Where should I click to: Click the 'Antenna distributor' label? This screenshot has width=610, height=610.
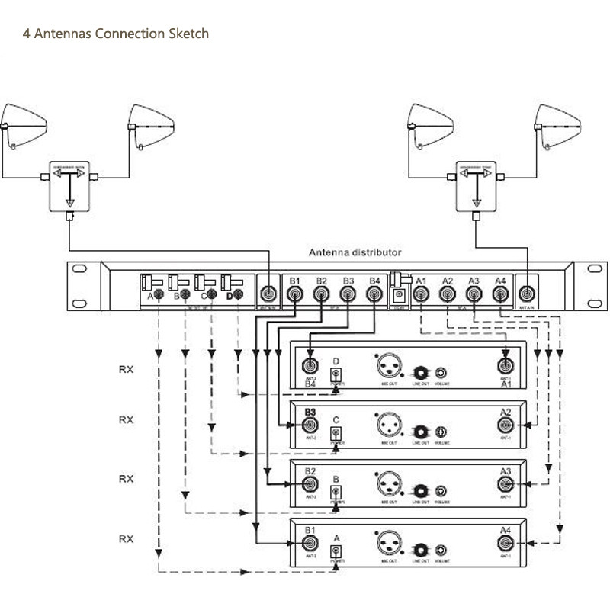coord(355,252)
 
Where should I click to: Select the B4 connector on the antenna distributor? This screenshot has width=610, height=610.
coord(374,294)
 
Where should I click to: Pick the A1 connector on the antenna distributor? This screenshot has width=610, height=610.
coord(420,294)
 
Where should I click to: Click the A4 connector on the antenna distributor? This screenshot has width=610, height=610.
coord(499,294)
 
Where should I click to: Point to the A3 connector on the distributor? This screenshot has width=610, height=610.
coord(473,294)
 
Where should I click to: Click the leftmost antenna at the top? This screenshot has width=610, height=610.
coord(23,124)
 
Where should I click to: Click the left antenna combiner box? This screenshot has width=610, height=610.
coord(69,185)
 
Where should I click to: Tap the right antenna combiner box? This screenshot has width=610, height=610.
coord(476,185)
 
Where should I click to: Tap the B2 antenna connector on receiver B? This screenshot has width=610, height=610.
coord(310,484)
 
